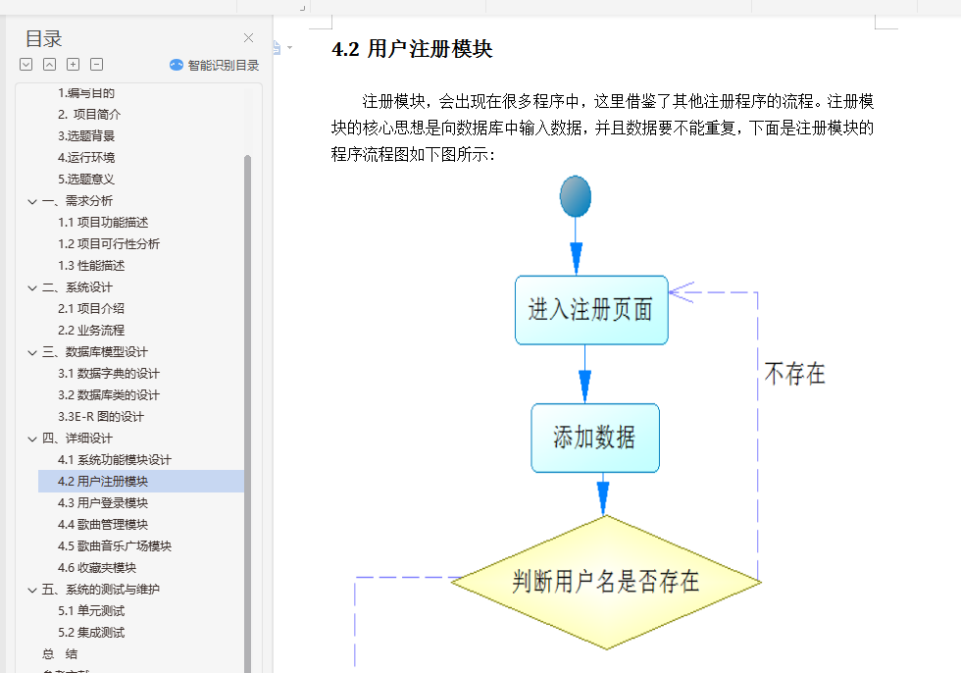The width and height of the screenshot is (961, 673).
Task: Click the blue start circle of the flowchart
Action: pos(576,196)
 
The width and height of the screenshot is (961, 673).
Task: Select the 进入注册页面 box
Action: pos(591,310)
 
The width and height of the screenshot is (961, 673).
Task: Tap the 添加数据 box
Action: pos(595,438)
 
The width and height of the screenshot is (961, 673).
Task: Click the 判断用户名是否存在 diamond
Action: pos(606,581)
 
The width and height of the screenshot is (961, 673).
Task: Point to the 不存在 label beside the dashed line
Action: pos(794,373)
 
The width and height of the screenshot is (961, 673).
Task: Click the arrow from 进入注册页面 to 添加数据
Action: pos(585,375)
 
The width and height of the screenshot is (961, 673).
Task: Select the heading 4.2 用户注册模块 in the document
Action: pos(412,49)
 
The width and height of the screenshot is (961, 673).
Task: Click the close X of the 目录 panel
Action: pos(249,38)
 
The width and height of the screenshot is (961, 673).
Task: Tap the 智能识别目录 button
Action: pos(215,65)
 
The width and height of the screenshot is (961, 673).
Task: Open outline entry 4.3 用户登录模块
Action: pos(103,502)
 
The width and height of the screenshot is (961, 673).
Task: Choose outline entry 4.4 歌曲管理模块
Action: pos(103,524)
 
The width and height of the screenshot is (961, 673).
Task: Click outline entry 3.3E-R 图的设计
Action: pos(101,416)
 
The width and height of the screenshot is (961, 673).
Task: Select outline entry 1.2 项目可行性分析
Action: pos(109,243)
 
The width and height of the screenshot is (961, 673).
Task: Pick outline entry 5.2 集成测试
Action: pos(91,632)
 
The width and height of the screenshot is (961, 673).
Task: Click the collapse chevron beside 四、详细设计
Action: pos(32,438)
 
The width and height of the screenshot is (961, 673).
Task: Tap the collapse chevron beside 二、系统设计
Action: pos(32,286)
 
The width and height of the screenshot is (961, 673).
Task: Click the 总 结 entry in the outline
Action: pos(60,653)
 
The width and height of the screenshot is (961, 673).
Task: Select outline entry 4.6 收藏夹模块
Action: pos(97,567)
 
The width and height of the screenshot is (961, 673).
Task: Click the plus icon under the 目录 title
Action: pos(74,65)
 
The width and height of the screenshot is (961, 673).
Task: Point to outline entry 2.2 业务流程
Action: pos(91,330)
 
